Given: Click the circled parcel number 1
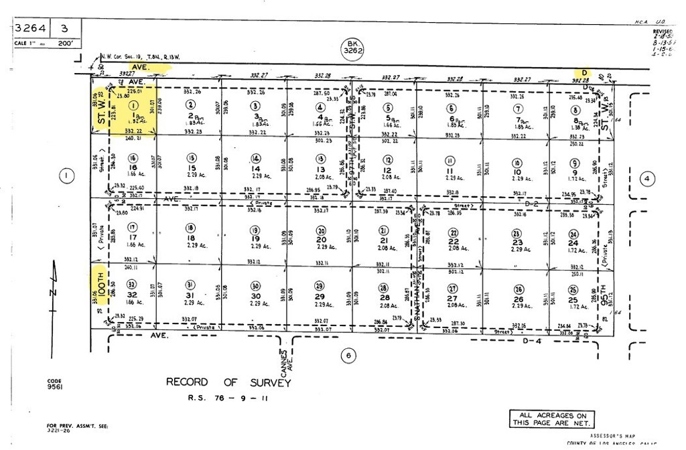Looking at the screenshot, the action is [x=133, y=105].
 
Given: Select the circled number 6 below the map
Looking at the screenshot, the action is [x=348, y=356].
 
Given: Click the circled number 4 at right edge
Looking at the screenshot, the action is [x=646, y=178].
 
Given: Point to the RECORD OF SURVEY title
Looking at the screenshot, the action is [x=228, y=382].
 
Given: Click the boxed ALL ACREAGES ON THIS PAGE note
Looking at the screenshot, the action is [x=552, y=419].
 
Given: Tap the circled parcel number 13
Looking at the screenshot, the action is [x=321, y=159].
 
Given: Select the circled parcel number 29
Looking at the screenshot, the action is [x=319, y=285].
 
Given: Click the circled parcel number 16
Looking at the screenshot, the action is [x=133, y=158].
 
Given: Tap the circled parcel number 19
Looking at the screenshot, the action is [x=255, y=230].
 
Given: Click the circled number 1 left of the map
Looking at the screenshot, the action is [x=66, y=177].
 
